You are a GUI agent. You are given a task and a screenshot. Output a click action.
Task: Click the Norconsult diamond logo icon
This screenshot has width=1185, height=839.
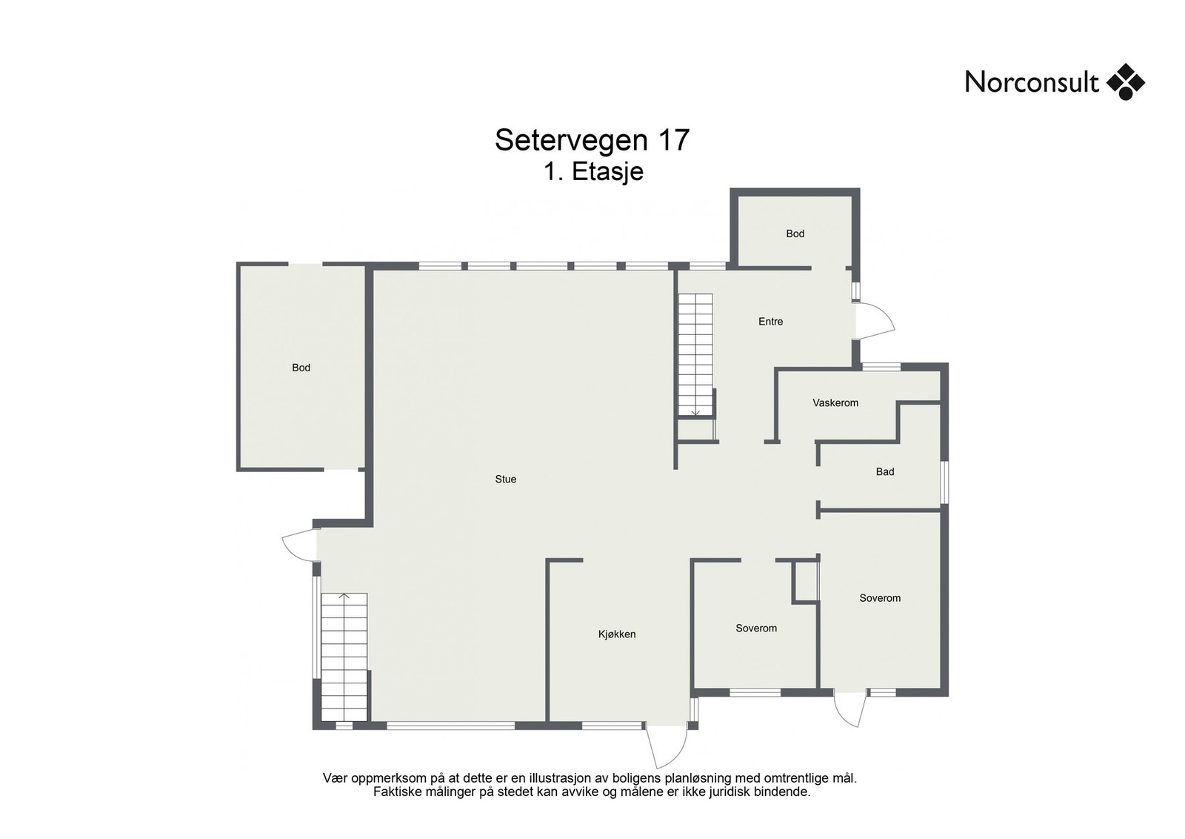click(x=1125, y=82)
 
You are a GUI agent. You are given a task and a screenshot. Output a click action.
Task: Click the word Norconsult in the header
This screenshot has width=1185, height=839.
click(x=1031, y=82)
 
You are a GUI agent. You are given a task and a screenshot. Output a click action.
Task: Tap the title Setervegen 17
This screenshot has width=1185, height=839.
click(x=592, y=140)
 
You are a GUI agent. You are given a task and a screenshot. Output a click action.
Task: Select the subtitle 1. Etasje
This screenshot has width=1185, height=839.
click(x=593, y=172)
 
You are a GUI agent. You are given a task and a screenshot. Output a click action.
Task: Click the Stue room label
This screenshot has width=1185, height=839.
click(x=506, y=480)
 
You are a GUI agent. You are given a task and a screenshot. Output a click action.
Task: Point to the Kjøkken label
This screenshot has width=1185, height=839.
click(x=617, y=634)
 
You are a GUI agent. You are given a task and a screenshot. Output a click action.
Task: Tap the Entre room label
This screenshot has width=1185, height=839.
click(x=770, y=322)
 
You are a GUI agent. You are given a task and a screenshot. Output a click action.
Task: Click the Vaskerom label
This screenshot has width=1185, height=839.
click(x=835, y=403)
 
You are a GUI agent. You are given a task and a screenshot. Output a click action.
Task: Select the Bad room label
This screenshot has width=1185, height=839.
click(x=884, y=472)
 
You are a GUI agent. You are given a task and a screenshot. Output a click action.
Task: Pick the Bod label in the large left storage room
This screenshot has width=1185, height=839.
click(x=301, y=368)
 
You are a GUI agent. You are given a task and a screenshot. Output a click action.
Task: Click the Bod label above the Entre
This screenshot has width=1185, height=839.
click(x=795, y=233)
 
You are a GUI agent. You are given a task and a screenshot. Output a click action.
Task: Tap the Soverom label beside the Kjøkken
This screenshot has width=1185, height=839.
click(x=756, y=629)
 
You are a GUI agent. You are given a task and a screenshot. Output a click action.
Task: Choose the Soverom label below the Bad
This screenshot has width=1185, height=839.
click(x=880, y=598)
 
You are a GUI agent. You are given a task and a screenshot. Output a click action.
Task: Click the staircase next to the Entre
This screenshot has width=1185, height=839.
click(x=695, y=354)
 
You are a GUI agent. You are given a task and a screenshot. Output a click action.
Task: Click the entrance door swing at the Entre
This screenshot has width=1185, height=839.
click(x=874, y=322)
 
